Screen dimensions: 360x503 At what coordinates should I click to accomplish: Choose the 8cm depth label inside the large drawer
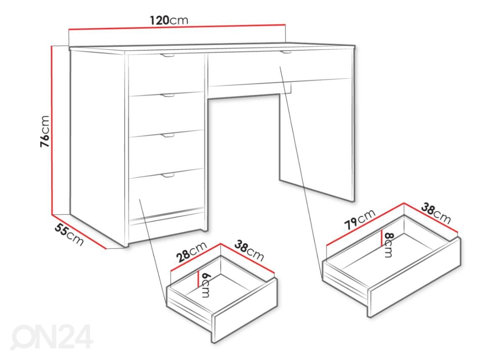click(x=388, y=245)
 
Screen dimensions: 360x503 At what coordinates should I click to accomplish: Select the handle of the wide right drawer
click(x=286, y=52)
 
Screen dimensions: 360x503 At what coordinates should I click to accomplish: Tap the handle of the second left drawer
click(x=168, y=96)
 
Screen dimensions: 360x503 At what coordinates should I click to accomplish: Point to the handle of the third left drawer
click(x=168, y=135)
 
